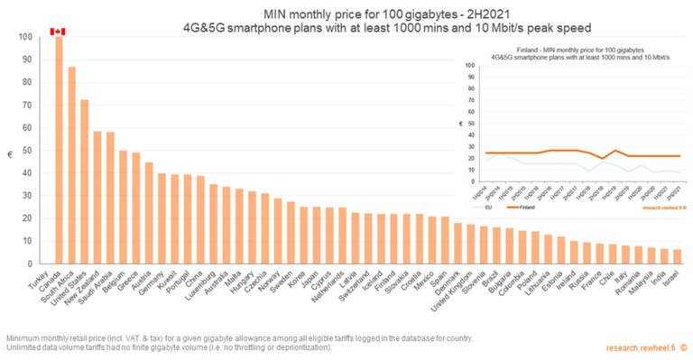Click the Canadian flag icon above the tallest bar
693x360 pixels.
[59, 32]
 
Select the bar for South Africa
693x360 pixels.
[71, 165]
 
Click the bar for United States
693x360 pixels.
[84, 181]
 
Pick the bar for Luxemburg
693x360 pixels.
[213, 224]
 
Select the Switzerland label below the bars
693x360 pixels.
[356, 286]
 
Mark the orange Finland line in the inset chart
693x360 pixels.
[577, 152]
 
